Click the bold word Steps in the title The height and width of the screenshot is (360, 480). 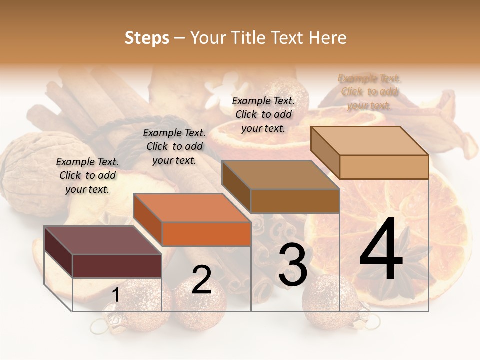(147, 38)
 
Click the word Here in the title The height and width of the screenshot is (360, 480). (328, 38)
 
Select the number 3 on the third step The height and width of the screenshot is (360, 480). (293, 264)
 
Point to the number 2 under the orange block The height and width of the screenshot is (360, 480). (201, 280)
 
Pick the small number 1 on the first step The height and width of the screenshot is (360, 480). (115, 295)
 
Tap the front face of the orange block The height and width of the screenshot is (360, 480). (206, 234)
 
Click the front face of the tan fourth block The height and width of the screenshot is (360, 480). (384, 167)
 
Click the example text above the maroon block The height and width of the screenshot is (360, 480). (87, 176)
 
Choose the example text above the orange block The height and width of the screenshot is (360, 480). (174, 146)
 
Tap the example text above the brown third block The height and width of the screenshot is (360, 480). (263, 114)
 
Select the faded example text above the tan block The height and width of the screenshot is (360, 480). (369, 92)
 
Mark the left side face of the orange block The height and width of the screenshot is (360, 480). (148, 220)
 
